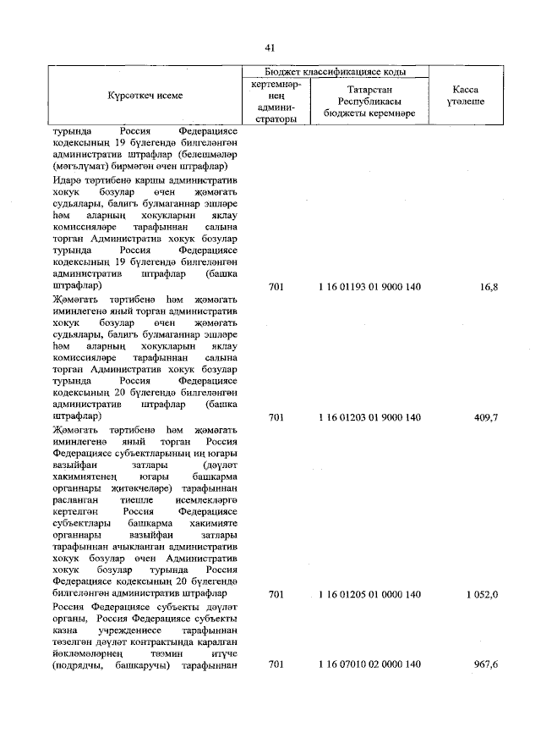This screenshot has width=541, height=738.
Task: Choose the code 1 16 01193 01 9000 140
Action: click(370, 288)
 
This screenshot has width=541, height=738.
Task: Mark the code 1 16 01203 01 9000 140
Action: click(370, 417)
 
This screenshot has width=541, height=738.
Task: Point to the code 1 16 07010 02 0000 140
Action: click(370, 665)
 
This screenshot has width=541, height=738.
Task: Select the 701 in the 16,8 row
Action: click(276, 288)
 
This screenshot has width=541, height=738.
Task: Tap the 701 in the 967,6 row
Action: click(276, 665)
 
